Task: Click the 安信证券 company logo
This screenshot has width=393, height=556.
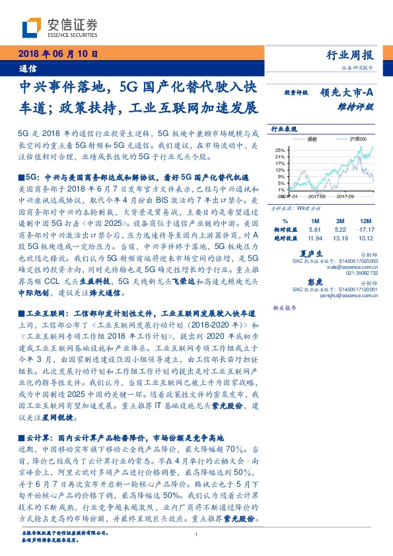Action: click(59, 26)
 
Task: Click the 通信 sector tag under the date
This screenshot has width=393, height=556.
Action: click(28, 68)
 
